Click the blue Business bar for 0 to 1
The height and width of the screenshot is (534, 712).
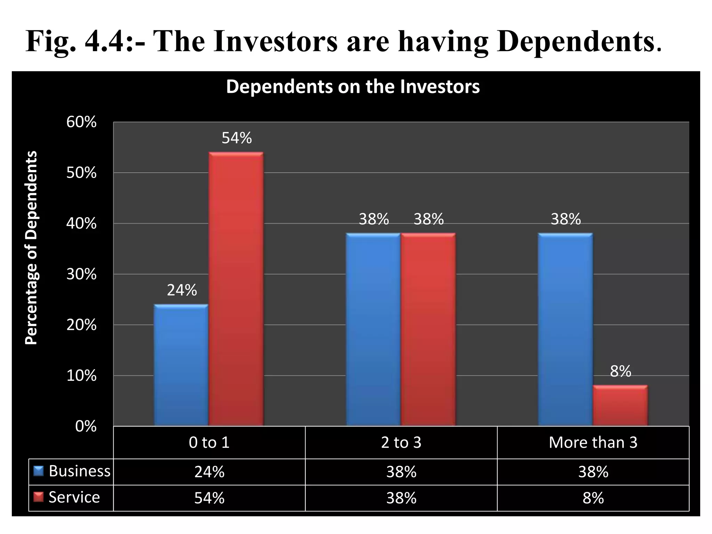(x=181, y=365)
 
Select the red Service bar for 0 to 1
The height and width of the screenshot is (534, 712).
(x=236, y=289)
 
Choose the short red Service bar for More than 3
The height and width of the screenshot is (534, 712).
(x=620, y=405)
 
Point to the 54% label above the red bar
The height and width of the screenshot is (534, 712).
(x=236, y=138)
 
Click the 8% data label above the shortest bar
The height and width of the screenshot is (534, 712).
(x=621, y=371)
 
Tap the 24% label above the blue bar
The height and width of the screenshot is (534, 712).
(x=182, y=290)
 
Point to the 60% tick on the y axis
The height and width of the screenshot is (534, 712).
(x=81, y=122)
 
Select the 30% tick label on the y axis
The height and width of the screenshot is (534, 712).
(x=81, y=275)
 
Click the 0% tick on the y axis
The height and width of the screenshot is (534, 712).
(x=86, y=427)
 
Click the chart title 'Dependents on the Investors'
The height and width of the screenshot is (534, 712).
(x=353, y=87)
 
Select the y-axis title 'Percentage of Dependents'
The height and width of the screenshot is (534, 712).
(x=31, y=248)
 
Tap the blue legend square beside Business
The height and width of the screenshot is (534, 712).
(x=38, y=471)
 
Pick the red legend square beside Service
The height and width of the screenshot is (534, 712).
(x=38, y=497)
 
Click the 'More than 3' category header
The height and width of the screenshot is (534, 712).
(x=593, y=443)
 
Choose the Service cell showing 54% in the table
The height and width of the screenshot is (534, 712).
(x=209, y=498)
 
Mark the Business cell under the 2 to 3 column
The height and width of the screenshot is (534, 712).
(x=401, y=472)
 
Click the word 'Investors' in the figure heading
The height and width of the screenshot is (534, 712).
(x=275, y=42)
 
